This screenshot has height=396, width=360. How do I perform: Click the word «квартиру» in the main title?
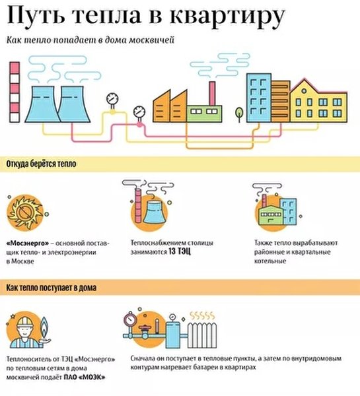tap(227, 16)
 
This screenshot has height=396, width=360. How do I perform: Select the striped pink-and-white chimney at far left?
tap(15, 92)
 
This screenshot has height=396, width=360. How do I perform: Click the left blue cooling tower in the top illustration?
tap(42, 104)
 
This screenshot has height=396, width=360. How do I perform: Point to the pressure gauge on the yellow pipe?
tap(112, 100)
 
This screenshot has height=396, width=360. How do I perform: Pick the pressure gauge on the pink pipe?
tap(139, 112)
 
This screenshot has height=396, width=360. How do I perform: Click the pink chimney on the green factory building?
tap(212, 93)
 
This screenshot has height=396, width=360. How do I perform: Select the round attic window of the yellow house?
tap(304, 91)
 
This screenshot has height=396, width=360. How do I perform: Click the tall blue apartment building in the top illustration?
tap(259, 98)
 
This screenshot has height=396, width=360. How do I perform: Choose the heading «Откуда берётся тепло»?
tap(41, 164)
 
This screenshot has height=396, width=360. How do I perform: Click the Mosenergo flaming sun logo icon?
tap(25, 213)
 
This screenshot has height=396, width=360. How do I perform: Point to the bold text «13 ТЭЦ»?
tap(179, 252)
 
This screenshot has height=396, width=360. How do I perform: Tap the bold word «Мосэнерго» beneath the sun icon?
tap(28, 244)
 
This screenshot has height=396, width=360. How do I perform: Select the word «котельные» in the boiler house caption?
tap(270, 261)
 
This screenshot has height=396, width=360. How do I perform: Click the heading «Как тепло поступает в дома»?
tap(52, 288)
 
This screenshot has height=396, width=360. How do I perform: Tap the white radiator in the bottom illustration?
tap(202, 336)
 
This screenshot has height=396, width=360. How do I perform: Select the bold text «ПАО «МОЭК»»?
tap(84, 378)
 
